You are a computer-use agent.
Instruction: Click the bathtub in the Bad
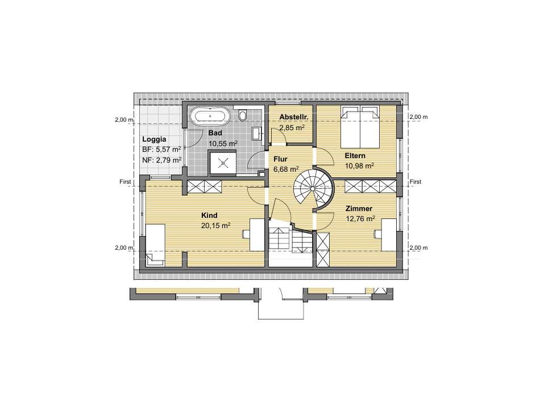209,116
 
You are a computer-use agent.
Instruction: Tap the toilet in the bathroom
243,115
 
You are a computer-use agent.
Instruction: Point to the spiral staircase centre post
313,189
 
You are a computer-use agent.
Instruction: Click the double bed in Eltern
360,127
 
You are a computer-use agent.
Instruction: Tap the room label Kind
209,216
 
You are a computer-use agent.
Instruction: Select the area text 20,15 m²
215,225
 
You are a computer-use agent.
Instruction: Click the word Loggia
154,139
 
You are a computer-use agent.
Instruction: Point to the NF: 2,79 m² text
161,160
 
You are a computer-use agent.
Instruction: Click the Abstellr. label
293,117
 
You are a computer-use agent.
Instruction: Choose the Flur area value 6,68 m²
286,170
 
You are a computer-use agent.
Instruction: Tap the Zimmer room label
359,209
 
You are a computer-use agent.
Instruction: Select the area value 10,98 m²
360,166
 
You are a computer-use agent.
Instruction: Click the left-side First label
126,181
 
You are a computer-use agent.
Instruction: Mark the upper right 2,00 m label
418,117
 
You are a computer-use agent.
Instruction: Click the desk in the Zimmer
388,235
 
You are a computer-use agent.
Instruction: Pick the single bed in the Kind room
155,245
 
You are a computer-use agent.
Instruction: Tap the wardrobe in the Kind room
204,187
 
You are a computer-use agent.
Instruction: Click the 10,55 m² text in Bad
223,143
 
